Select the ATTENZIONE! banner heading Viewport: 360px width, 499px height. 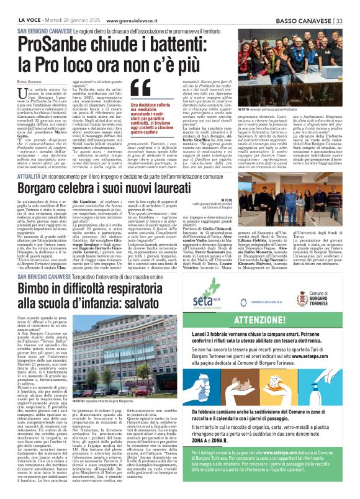click(277, 321)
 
